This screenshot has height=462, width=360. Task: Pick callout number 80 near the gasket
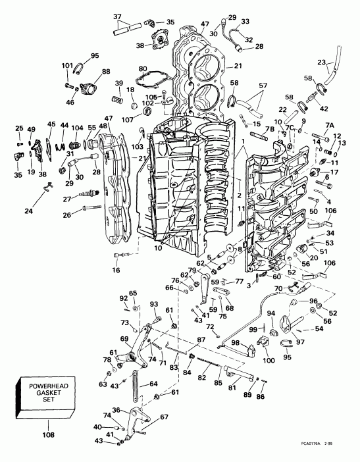pyautogui.click(x=143, y=68)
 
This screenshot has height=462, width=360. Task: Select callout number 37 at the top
pyautogui.click(x=118, y=16)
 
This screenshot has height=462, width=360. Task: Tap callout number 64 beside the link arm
pyautogui.click(x=153, y=384)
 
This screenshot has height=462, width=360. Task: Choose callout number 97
pyautogui.click(x=301, y=342)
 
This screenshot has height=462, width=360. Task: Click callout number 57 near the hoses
pyautogui.click(x=263, y=86)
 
